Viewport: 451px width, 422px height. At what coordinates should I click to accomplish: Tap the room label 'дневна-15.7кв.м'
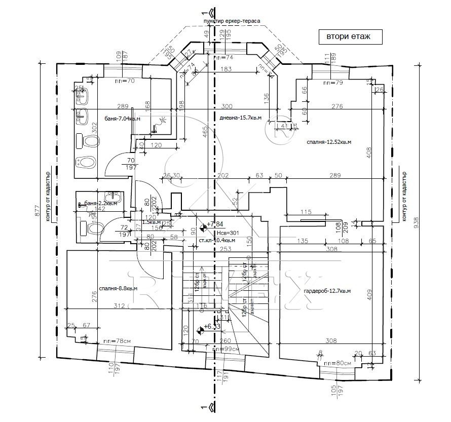click(241, 118)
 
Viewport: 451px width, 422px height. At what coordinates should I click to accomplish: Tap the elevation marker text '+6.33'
click(213, 327)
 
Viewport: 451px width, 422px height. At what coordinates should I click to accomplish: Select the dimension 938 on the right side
click(417, 223)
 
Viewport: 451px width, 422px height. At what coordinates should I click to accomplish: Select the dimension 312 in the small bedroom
click(119, 305)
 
